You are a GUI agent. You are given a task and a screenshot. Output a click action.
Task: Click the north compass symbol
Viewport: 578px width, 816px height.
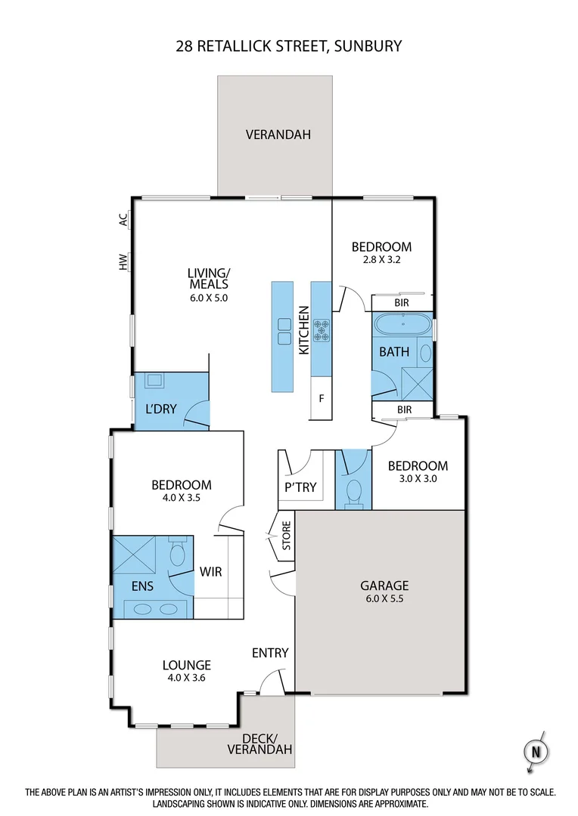(536, 752)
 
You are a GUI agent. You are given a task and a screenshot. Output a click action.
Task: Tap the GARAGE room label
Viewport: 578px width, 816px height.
(384, 585)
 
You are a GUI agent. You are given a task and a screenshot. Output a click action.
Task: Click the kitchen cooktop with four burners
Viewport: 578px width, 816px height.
(322, 329)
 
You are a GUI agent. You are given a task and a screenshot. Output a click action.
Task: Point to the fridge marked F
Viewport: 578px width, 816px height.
(322, 397)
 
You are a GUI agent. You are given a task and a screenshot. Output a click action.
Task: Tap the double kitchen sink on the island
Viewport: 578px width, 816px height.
(284, 331)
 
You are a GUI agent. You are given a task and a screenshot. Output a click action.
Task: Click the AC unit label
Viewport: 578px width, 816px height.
(123, 219)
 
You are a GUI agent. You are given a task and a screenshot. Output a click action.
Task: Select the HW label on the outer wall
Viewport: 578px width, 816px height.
(123, 261)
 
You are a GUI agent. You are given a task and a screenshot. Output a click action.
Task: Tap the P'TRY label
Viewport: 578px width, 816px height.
(300, 487)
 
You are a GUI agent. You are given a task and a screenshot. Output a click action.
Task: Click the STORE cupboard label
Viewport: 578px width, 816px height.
(286, 536)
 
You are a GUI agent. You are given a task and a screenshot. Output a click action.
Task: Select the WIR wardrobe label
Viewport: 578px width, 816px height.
(211, 572)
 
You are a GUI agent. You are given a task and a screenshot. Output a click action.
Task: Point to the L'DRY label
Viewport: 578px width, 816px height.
(160, 410)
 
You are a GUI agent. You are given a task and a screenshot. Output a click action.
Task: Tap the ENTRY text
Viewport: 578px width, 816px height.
(270, 653)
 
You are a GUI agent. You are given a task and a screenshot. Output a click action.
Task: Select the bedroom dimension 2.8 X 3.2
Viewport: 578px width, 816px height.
(381, 261)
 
